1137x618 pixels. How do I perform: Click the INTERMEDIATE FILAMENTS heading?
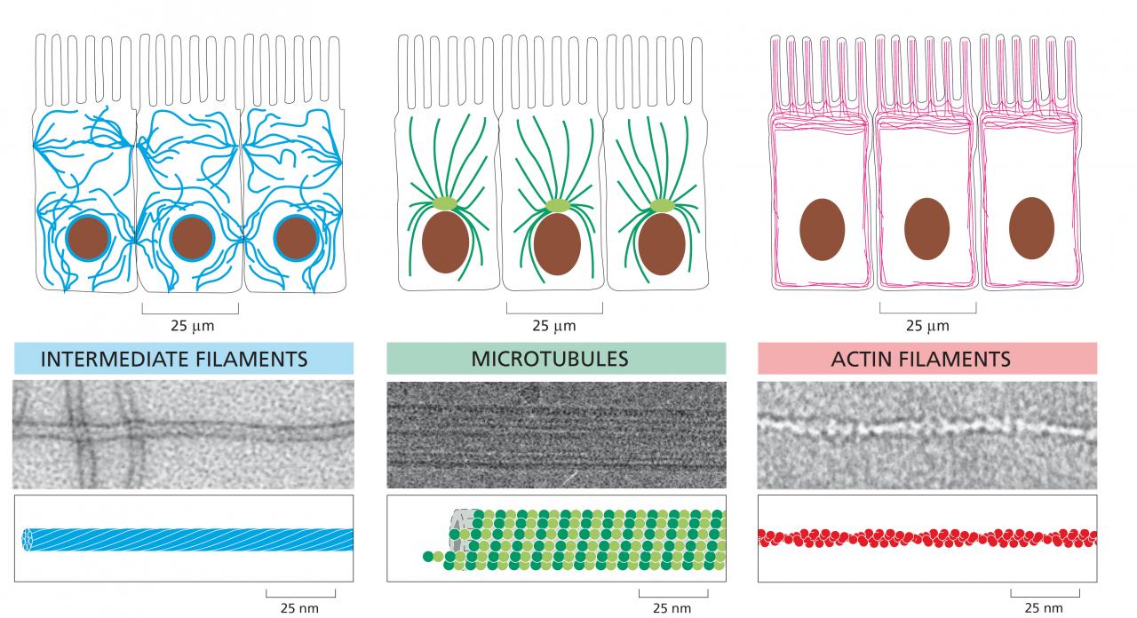pyautogui.click(x=174, y=359)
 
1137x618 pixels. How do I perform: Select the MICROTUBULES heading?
pyautogui.click(x=550, y=359)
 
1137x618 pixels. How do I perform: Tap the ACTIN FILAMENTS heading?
pyautogui.click(x=920, y=359)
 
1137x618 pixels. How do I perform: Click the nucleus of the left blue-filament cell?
pyautogui.click(x=88, y=237)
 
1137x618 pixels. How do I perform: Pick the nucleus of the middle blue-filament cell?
pyautogui.click(x=190, y=237)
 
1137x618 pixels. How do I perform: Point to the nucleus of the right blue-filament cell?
pyautogui.click(x=296, y=237)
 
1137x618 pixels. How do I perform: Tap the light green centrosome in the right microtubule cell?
pyautogui.click(x=662, y=205)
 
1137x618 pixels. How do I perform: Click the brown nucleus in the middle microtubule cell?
pyautogui.click(x=557, y=244)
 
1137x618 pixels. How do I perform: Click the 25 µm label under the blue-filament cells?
pyautogui.click(x=192, y=326)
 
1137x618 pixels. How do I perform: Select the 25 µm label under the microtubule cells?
pyautogui.click(x=554, y=326)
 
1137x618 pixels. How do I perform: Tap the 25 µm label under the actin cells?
pyautogui.click(x=927, y=326)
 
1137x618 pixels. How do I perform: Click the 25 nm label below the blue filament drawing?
pyautogui.click(x=300, y=608)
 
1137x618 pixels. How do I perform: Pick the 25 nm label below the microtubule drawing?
pyautogui.click(x=672, y=608)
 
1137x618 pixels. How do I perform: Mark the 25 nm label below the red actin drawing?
pyautogui.click(x=1044, y=608)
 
